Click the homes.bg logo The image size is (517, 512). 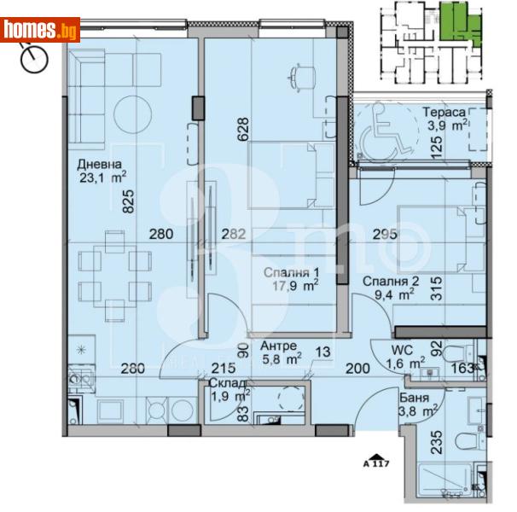coord(40,31)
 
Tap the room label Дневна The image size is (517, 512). coord(100,165)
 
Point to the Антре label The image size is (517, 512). coord(279,346)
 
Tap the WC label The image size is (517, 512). coord(403,350)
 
